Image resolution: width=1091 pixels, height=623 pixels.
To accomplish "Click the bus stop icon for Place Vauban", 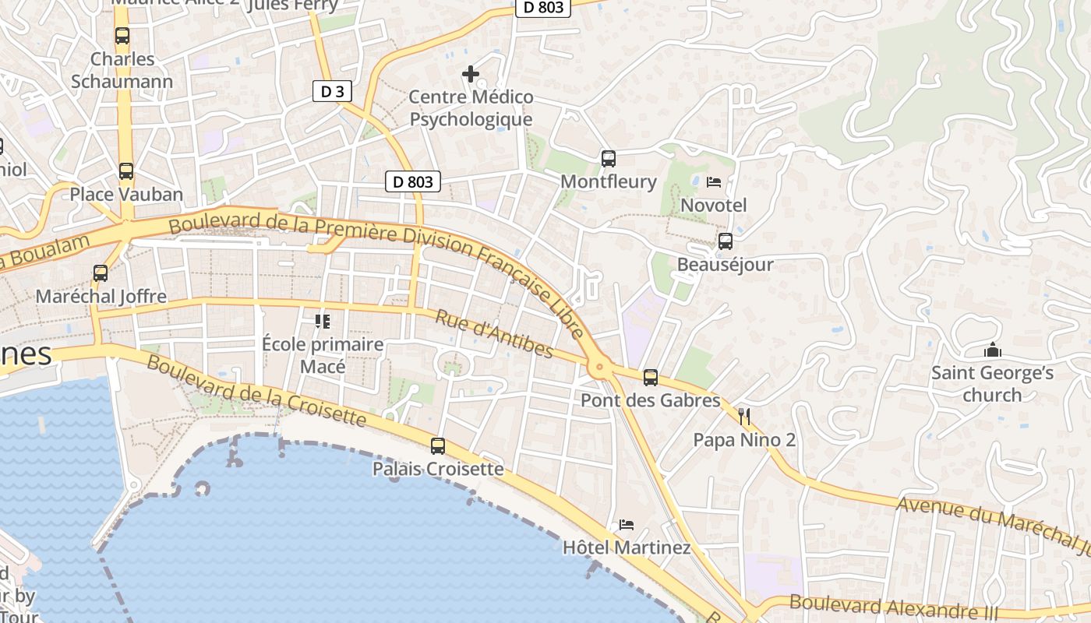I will (125, 171).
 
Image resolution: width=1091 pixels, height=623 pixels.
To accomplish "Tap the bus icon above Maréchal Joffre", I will (101, 273).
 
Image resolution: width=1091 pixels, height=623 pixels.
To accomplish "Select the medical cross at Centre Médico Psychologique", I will (471, 74).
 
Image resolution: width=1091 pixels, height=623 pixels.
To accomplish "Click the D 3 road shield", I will (332, 91).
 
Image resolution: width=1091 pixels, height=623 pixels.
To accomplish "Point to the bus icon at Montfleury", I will (609, 159).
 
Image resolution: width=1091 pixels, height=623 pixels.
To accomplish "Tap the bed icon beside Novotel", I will (713, 182).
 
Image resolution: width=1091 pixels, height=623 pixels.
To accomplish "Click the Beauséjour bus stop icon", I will (726, 241).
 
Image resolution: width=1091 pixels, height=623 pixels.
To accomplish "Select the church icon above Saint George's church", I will (992, 350).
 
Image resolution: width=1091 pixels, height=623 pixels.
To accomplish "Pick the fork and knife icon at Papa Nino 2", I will (744, 417).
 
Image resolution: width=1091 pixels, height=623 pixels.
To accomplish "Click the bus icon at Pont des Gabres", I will (651, 378).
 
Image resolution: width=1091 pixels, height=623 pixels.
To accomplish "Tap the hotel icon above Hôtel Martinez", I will (627, 525).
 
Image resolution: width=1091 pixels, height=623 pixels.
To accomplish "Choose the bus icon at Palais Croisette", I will (438, 446).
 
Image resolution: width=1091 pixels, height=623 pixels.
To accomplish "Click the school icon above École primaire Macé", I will (323, 321).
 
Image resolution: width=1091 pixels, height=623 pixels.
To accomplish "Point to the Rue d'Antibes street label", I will (493, 334).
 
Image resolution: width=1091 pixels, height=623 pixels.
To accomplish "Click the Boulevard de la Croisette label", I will (256, 390).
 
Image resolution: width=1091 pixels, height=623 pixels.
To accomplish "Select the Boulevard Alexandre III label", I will (893, 606).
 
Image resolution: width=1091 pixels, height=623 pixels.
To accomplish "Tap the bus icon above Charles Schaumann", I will (122, 36).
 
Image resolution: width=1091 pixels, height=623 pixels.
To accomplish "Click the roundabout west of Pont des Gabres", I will (599, 368).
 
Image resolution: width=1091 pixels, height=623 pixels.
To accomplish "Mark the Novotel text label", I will (713, 205).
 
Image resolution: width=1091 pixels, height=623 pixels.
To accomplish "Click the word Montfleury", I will (609, 181).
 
